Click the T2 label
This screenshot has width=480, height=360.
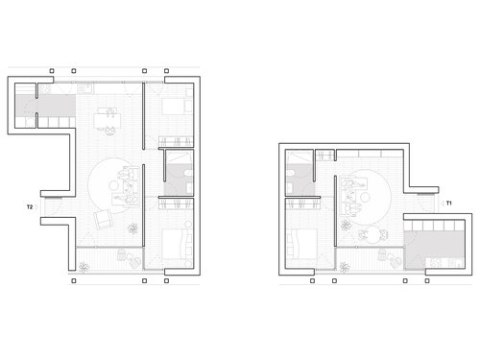click(31, 205)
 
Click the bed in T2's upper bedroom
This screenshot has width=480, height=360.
click(176, 108)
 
